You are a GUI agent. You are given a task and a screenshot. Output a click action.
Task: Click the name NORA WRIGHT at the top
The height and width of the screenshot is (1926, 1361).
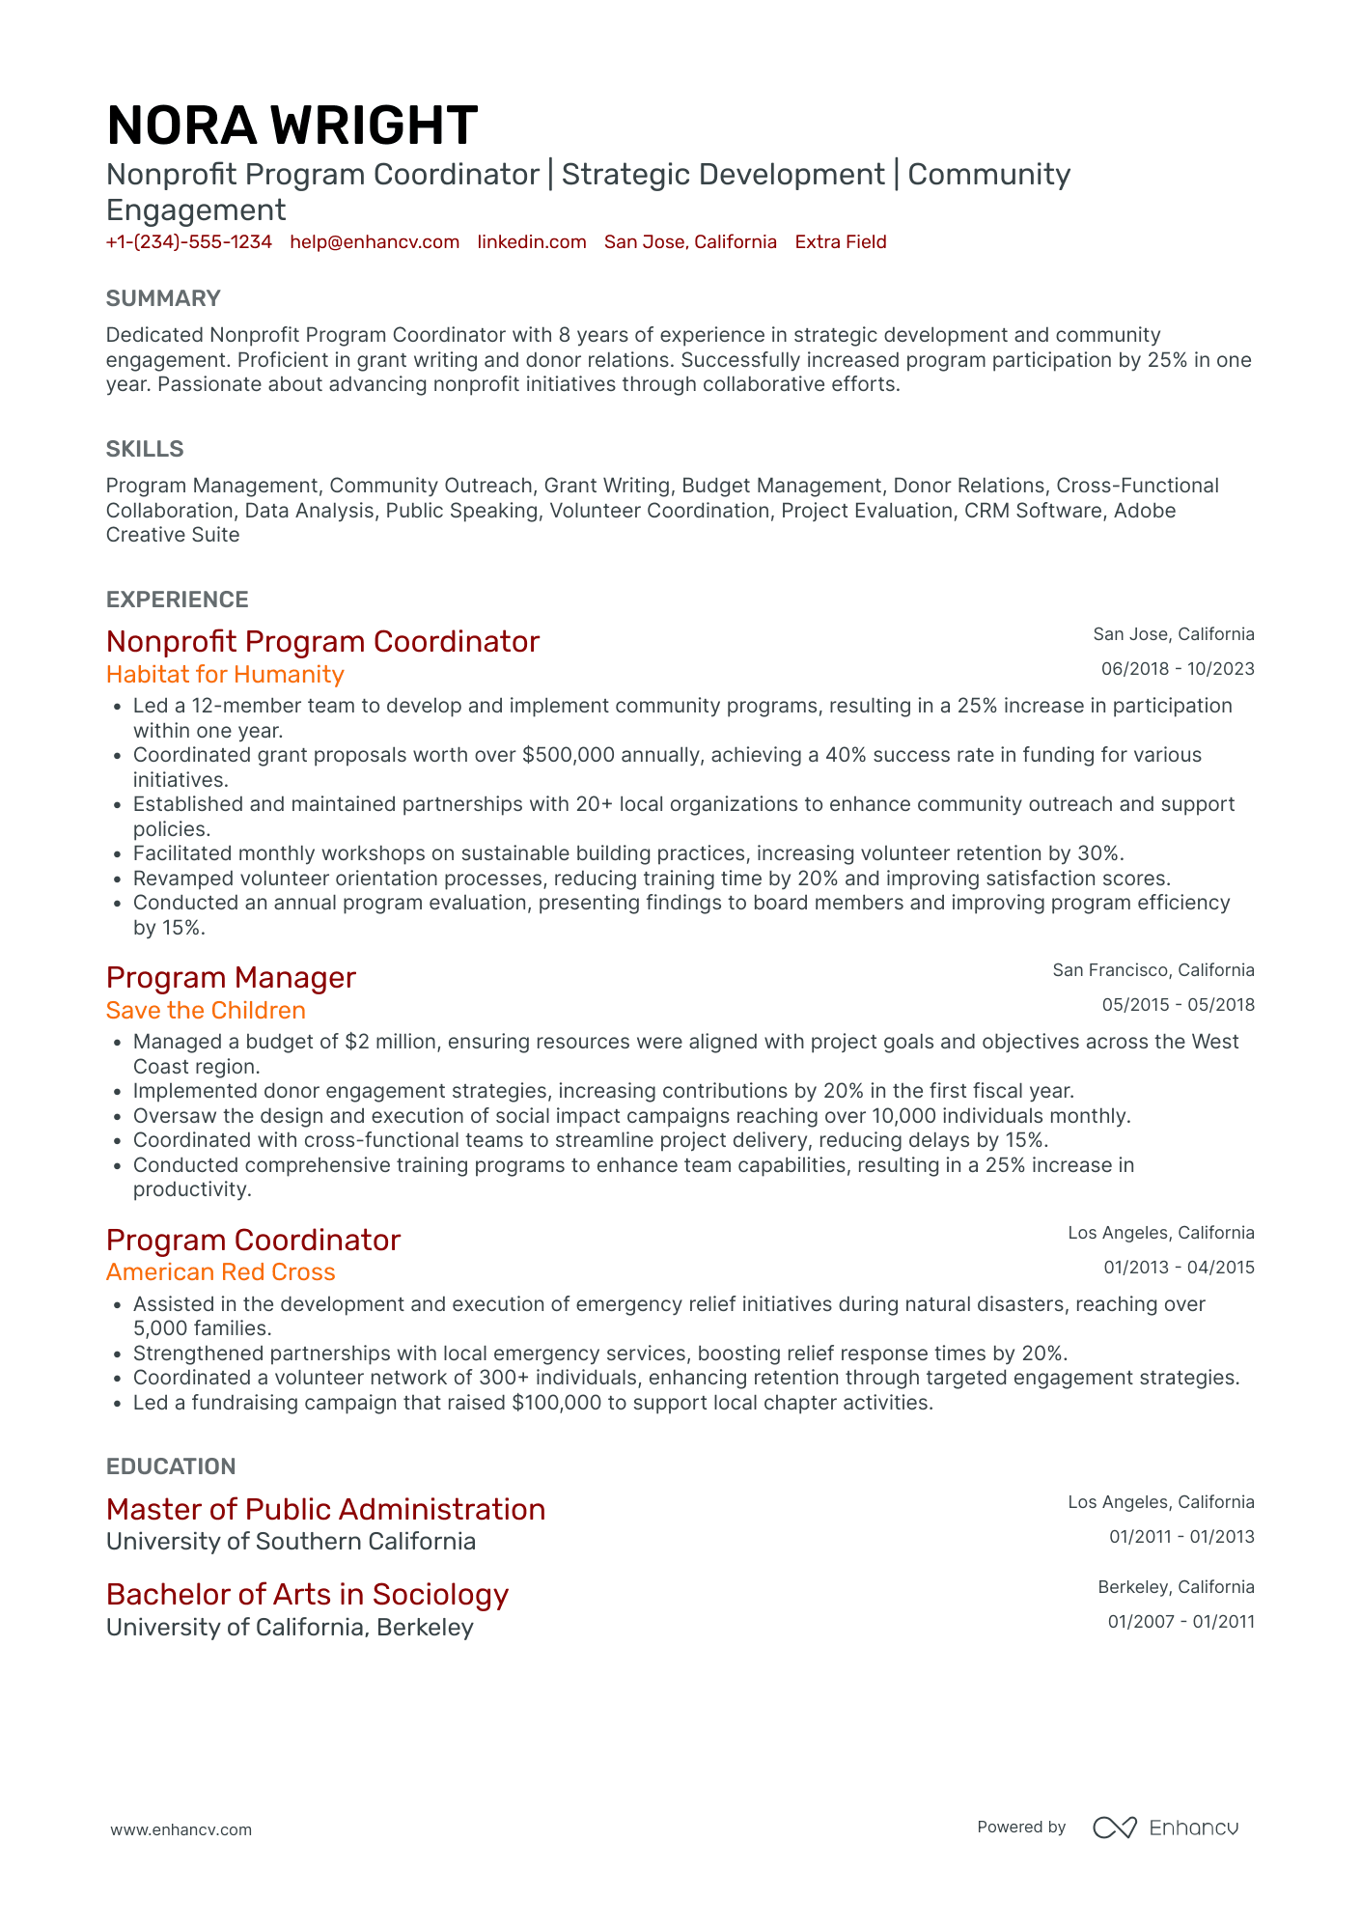(292, 126)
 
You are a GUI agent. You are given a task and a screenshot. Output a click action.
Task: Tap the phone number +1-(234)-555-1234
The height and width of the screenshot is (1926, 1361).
(189, 242)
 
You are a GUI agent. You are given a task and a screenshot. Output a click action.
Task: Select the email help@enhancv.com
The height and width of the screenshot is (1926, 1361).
(375, 242)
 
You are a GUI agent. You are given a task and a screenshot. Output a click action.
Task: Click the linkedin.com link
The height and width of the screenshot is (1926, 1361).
(532, 242)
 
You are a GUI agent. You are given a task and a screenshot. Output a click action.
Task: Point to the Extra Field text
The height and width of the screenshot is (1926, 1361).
(841, 242)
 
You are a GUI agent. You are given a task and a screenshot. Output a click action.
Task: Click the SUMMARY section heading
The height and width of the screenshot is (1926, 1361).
(163, 298)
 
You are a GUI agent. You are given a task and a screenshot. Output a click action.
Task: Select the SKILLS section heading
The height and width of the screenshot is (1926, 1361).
(145, 449)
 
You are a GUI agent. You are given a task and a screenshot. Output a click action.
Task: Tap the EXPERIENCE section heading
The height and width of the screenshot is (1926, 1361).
(178, 600)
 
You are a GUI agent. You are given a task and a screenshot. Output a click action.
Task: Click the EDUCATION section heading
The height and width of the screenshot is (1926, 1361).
(171, 1466)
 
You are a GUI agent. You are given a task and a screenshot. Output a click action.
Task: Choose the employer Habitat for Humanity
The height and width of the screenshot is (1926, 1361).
(225, 674)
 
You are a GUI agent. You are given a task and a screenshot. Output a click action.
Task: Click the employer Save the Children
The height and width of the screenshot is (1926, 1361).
(206, 1010)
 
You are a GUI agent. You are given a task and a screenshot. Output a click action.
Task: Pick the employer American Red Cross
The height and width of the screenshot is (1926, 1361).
(221, 1272)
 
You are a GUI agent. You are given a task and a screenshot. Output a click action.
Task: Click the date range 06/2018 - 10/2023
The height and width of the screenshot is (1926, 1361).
(1178, 669)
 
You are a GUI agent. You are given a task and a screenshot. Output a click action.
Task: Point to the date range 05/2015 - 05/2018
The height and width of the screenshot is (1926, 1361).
(1178, 1005)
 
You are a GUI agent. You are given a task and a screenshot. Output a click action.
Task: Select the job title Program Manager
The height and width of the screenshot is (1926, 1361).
(231, 978)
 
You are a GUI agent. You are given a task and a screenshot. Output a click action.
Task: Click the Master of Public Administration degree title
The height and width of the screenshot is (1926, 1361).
(325, 1509)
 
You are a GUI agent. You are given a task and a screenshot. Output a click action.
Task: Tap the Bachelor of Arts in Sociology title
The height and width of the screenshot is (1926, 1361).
(307, 1594)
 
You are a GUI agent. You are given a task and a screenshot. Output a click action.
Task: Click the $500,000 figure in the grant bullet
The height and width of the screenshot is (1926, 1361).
(568, 755)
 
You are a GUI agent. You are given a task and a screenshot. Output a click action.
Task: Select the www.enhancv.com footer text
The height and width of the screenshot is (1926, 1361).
(181, 1829)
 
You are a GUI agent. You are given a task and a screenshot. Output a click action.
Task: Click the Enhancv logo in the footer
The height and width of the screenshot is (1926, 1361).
(1165, 1828)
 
